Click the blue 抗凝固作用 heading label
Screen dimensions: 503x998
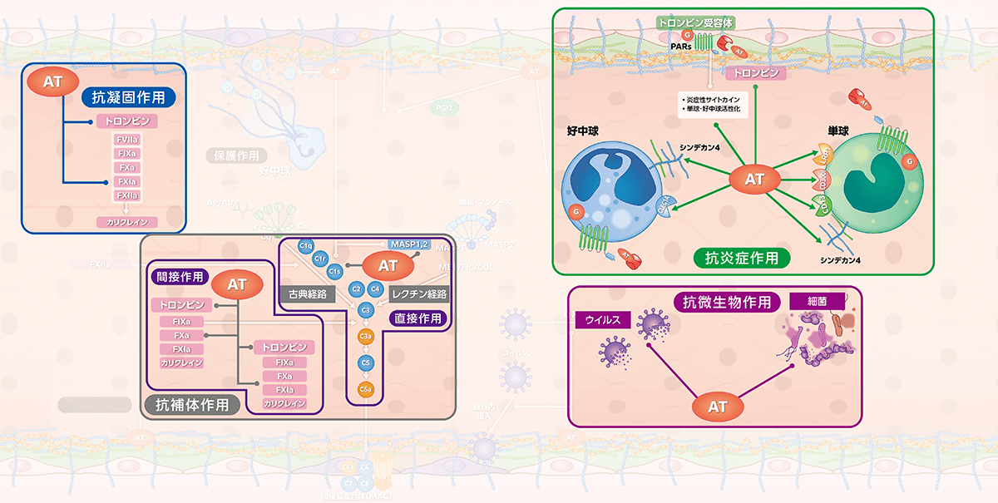[128, 97]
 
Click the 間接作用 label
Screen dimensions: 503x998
[180, 276]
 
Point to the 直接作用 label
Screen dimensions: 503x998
[417, 318]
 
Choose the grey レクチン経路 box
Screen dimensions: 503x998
[418, 293]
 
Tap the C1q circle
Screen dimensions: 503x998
[304, 245]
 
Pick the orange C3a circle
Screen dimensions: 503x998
[364, 336]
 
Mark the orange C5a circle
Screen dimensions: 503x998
[364, 389]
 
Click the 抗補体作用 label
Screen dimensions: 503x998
[192, 405]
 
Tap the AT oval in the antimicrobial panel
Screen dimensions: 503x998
[717, 407]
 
